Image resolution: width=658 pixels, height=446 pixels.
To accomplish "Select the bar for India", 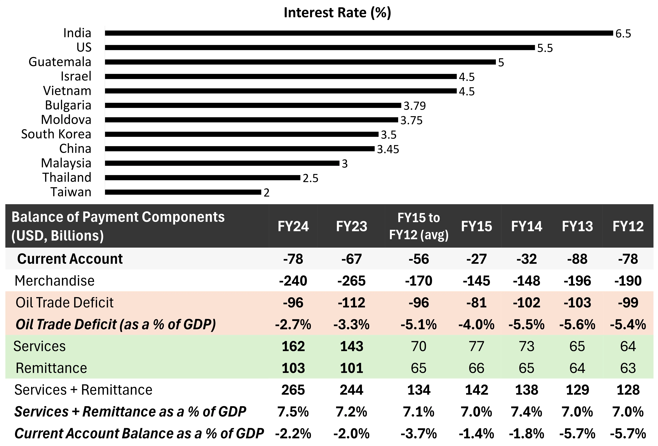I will tap(359, 33).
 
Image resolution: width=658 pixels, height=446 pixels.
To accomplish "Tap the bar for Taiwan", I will tap(183, 192).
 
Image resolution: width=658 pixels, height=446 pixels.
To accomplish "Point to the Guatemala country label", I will tap(60, 62).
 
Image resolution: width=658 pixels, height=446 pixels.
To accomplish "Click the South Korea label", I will tap(56, 134).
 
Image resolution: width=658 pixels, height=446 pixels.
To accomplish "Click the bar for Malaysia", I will tap(222, 163).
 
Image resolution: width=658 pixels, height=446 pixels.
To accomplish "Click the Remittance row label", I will tap(51, 368).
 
